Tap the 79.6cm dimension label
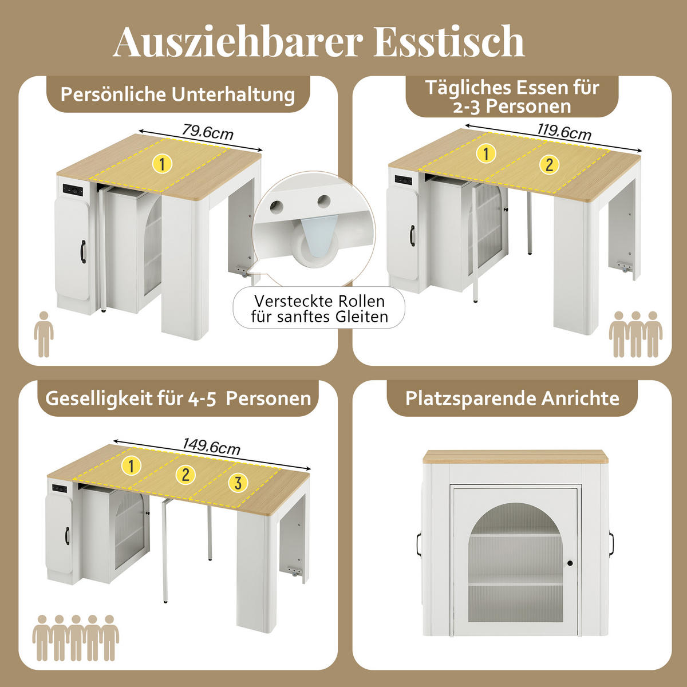click(208, 132)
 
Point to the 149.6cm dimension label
click(211, 446)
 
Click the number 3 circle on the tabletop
click(238, 483)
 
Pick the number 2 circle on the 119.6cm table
click(549, 165)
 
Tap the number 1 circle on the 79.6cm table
click(163, 164)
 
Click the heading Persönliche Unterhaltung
click(177, 94)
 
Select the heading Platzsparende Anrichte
click(512, 398)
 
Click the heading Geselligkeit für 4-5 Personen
click(178, 398)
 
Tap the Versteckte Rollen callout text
click(319, 309)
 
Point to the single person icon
click(44, 334)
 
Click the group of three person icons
click(635, 334)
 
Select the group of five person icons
click(76, 638)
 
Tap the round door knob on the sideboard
click(570, 564)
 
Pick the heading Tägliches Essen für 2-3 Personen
click(512, 97)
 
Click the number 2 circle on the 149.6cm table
click(185, 474)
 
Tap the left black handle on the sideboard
click(418, 544)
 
